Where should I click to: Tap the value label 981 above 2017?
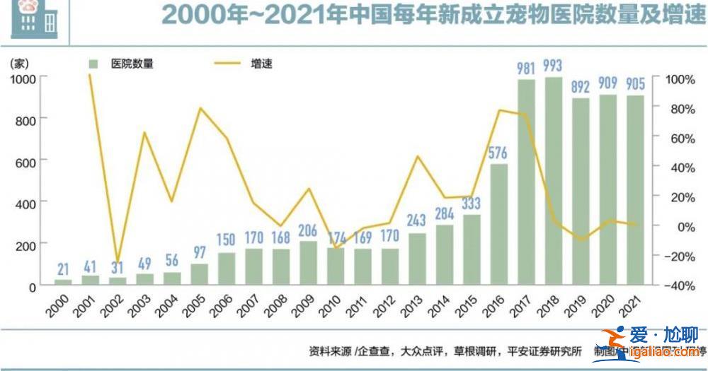[x=525, y=68]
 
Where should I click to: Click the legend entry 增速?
[x=262, y=64]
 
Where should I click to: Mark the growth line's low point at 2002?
[x=118, y=260]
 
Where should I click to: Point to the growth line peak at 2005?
[x=200, y=108]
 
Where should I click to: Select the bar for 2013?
[x=416, y=259]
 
